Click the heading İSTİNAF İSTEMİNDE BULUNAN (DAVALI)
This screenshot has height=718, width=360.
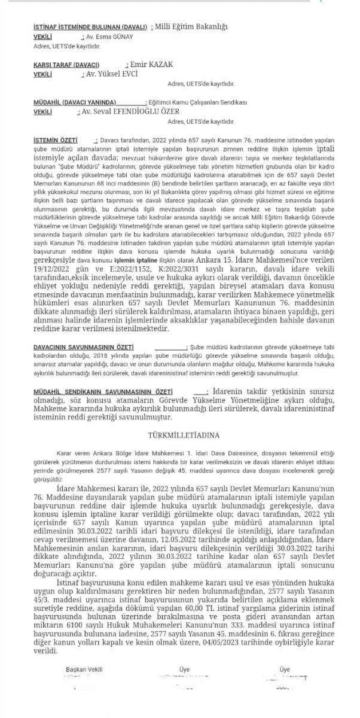click(x=91, y=28)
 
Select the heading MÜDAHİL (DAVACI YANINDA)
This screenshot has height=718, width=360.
click(x=75, y=103)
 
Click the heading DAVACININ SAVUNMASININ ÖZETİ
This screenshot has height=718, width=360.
click(x=83, y=346)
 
